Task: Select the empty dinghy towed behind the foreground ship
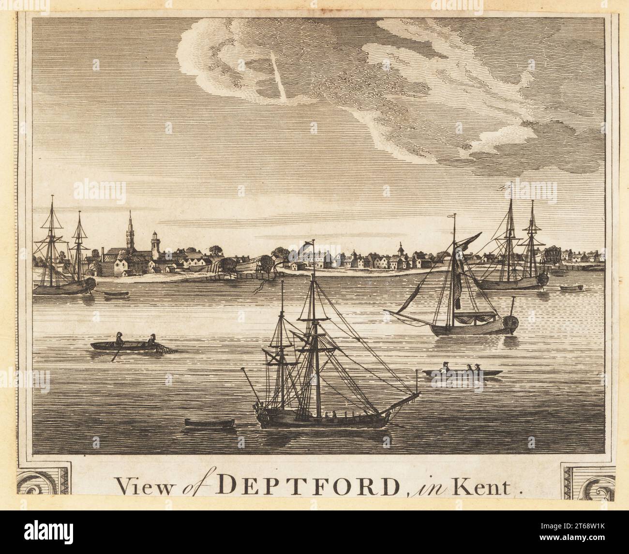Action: (209, 423)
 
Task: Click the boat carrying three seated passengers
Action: (462, 372)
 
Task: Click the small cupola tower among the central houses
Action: (401, 250)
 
